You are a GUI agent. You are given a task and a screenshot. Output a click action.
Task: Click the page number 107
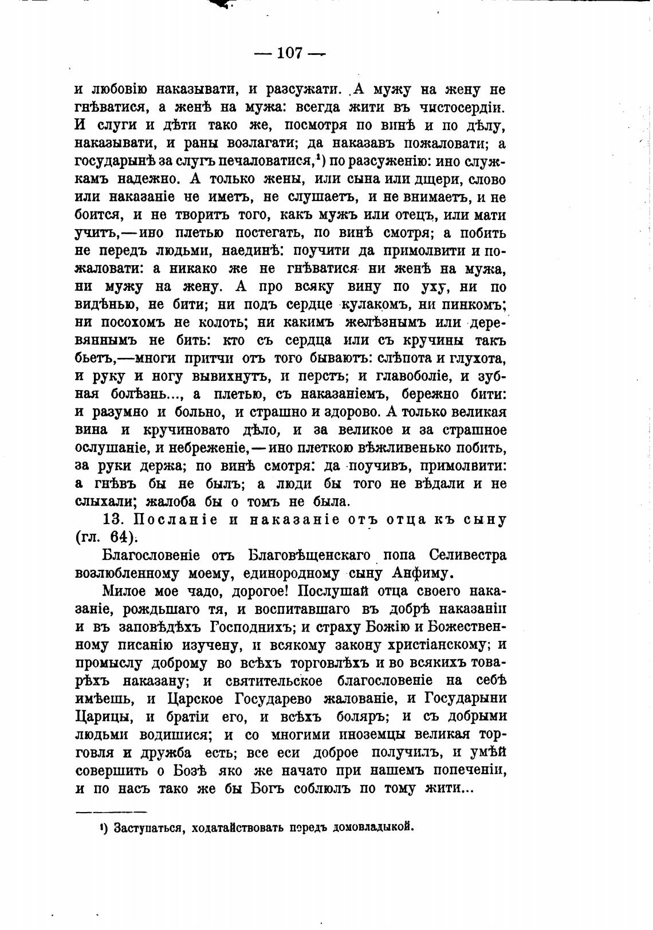click(289, 53)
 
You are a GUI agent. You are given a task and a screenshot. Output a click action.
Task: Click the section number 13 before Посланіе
click(111, 520)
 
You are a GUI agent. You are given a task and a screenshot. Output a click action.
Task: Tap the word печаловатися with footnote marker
click(267, 161)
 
